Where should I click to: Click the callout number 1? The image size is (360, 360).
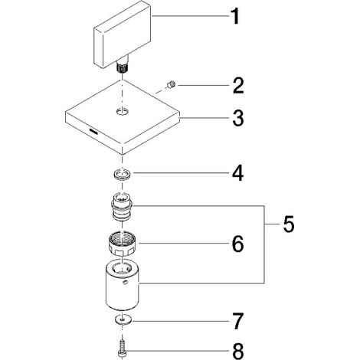(x=235, y=16)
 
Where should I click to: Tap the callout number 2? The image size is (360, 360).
(x=238, y=86)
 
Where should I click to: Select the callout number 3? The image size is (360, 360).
(x=238, y=118)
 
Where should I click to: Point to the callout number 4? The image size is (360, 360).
(x=237, y=173)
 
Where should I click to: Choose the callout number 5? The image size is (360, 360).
(x=289, y=224)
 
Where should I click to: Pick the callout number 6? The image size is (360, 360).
(x=237, y=244)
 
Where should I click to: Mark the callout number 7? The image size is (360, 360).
(x=237, y=321)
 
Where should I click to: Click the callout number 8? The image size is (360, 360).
(x=238, y=352)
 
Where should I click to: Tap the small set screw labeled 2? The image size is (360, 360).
(x=172, y=84)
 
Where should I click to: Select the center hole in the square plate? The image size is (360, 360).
(x=123, y=111)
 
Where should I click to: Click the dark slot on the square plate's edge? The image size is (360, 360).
(x=93, y=132)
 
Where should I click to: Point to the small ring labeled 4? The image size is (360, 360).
(x=123, y=175)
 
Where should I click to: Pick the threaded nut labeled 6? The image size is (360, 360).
(x=123, y=244)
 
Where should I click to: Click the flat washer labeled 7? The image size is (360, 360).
(x=123, y=319)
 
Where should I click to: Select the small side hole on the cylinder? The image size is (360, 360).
(x=125, y=283)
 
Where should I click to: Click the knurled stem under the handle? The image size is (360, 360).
(x=123, y=67)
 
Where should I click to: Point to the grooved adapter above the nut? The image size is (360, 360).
(x=122, y=207)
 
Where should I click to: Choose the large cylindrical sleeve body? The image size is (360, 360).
(x=123, y=286)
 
